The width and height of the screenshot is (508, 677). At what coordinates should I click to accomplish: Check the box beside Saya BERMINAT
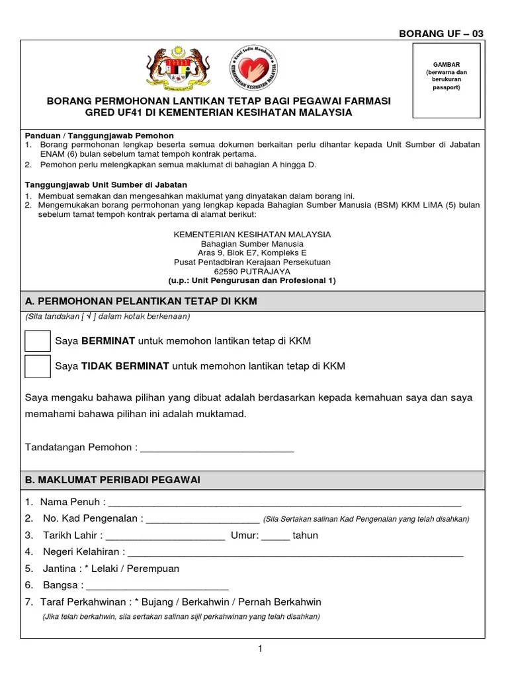pos(37,341)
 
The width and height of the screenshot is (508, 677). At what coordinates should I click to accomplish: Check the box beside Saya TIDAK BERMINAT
pos(37,366)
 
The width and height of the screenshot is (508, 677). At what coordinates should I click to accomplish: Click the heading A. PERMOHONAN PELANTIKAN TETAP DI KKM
pos(141,301)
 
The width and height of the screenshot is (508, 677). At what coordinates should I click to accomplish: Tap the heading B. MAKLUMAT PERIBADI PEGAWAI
pos(112,479)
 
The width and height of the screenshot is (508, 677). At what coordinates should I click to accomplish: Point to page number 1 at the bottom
pos(261,649)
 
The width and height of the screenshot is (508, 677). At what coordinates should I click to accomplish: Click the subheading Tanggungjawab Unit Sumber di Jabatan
pos(106,184)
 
